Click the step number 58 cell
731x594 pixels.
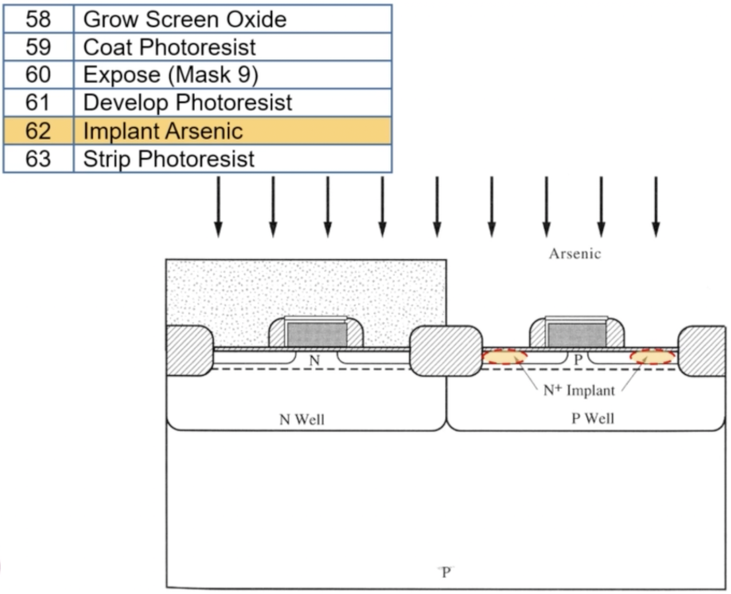click(x=37, y=18)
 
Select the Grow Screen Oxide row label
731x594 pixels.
click(x=185, y=18)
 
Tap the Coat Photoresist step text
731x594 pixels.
click(x=170, y=46)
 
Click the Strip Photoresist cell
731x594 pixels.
click(x=169, y=159)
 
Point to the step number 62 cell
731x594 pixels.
click(x=37, y=130)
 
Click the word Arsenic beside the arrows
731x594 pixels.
click(x=574, y=255)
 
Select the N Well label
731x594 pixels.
click(x=301, y=420)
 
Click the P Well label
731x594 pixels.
click(x=583, y=420)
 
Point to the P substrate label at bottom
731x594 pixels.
click(x=445, y=572)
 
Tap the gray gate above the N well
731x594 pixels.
click(x=316, y=335)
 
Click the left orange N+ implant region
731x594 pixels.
click(x=505, y=357)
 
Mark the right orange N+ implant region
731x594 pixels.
click(x=652, y=357)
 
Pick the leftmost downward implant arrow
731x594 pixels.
click(x=217, y=205)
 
